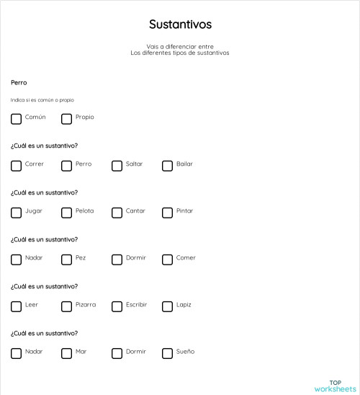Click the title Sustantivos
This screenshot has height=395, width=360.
point(180,25)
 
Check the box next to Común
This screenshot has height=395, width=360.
point(16,118)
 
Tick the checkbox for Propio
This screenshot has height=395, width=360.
point(66,118)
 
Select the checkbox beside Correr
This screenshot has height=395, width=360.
point(16,165)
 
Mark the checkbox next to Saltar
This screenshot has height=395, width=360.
point(117,165)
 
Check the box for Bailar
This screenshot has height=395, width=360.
point(167,165)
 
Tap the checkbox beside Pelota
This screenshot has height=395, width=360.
point(66,212)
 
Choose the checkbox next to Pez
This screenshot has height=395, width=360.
point(66,259)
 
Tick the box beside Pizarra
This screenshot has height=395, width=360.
point(66,306)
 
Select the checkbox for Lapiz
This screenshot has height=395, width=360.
point(167,306)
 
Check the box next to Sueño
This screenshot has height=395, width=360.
point(167,352)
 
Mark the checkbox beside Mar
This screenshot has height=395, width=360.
point(66,352)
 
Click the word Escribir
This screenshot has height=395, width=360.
point(136,305)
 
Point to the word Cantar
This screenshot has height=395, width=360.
point(135,211)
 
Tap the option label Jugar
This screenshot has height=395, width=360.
point(34,211)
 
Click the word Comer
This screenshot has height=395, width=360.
point(186,258)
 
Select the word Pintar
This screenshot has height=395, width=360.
point(184,211)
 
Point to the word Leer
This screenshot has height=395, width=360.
point(32,305)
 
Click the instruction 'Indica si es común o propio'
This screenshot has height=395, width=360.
point(42,100)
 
